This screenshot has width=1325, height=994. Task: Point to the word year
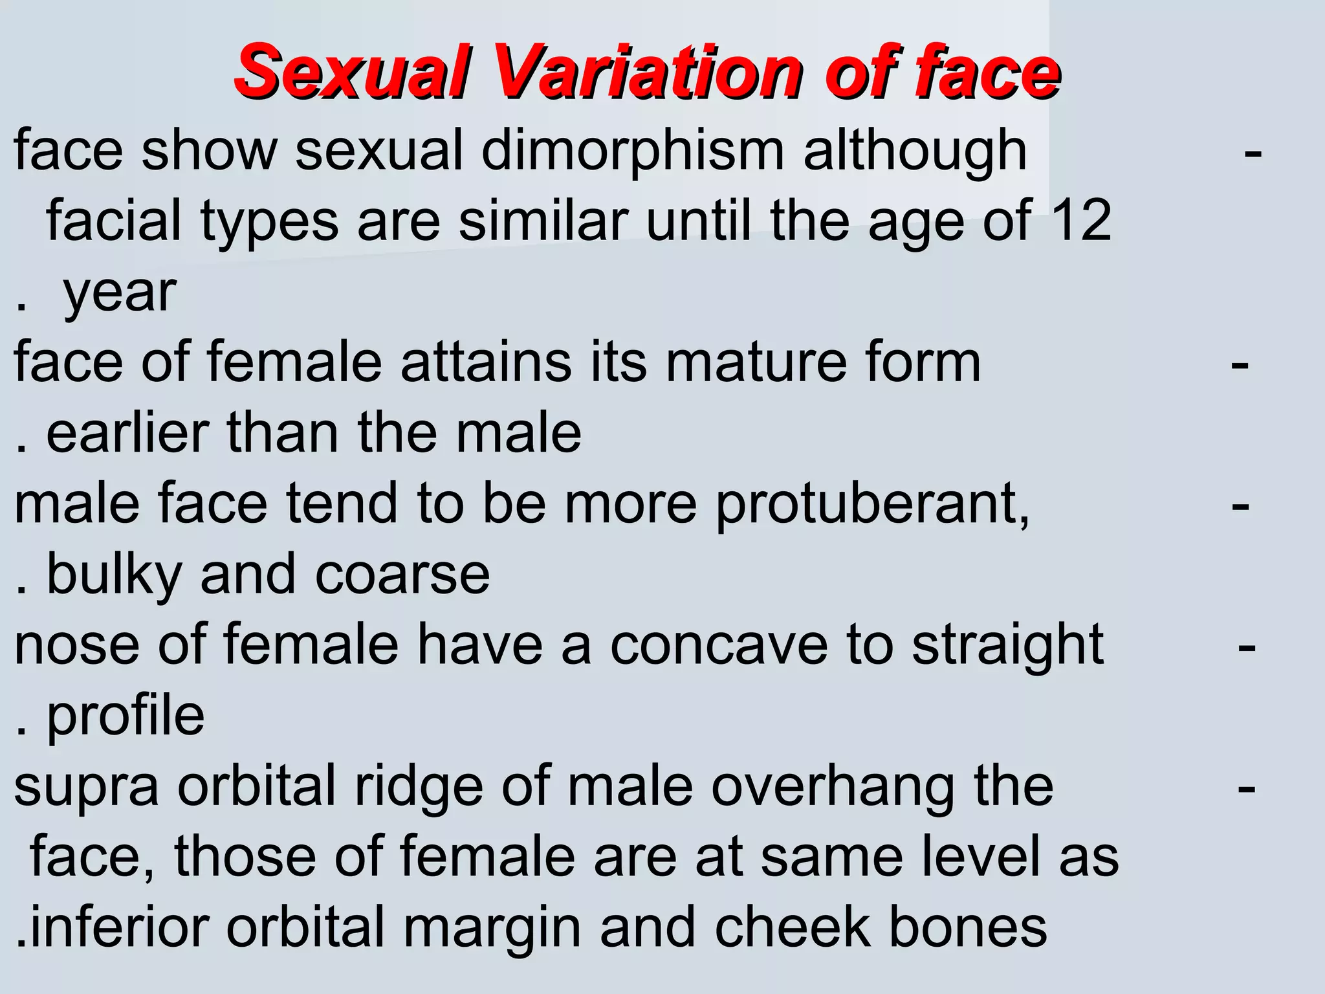click(120, 293)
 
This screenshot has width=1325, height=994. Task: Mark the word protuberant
click(872, 505)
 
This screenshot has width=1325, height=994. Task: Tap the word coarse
click(402, 575)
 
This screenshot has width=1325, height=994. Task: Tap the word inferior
click(119, 927)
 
